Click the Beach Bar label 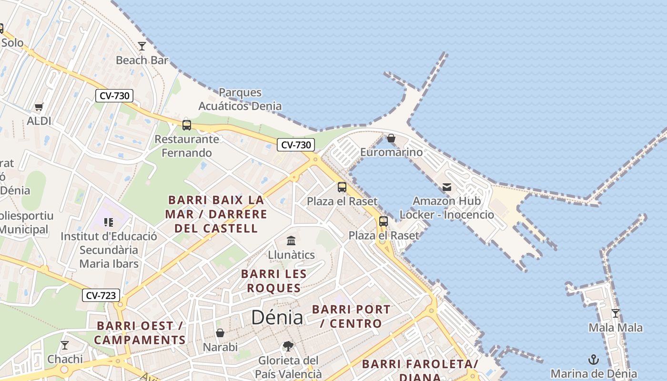(x=142, y=60)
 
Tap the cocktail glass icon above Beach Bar (x=142, y=46)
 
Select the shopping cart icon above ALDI (x=39, y=107)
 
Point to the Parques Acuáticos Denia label (x=240, y=99)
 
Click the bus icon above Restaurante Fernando (x=187, y=125)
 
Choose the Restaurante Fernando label (x=187, y=146)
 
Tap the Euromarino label (x=391, y=152)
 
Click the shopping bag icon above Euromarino (x=391, y=138)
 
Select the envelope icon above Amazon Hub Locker (x=447, y=187)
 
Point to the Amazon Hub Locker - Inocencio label (x=447, y=208)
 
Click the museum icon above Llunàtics (x=291, y=241)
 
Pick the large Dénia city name (x=277, y=317)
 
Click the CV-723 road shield (x=101, y=295)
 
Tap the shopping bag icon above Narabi (x=220, y=333)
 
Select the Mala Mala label (x=616, y=328)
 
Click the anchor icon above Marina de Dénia (x=594, y=360)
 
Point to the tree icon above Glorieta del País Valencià (x=288, y=346)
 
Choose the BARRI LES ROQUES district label (x=274, y=281)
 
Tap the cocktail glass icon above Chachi (x=65, y=345)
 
